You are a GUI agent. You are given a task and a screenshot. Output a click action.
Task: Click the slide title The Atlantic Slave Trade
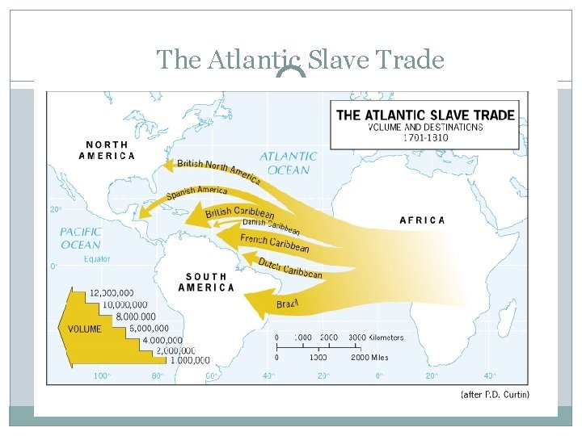tap(300, 59)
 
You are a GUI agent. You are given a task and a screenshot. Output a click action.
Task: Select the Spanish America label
tap(196, 193)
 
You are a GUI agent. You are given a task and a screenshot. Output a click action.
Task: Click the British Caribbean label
tap(240, 213)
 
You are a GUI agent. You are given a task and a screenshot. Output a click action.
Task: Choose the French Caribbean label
tap(274, 243)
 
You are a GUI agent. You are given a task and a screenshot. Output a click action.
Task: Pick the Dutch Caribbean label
tap(290, 268)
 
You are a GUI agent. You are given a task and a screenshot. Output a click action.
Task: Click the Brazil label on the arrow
tap(288, 304)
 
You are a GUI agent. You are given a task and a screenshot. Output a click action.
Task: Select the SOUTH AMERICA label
tap(206, 282)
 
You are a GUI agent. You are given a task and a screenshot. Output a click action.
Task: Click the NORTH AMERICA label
tap(107, 150)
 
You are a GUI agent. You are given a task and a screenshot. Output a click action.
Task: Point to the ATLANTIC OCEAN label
tap(288, 163)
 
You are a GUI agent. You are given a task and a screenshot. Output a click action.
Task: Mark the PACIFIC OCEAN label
tap(81, 238)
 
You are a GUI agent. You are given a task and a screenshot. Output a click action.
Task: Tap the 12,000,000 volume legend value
tap(112, 292)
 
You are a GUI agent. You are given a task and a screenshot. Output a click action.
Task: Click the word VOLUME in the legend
tap(84, 329)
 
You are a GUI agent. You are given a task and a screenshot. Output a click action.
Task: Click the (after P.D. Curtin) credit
tap(494, 395)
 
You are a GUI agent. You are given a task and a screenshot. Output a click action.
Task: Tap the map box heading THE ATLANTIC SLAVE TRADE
tap(425, 115)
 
